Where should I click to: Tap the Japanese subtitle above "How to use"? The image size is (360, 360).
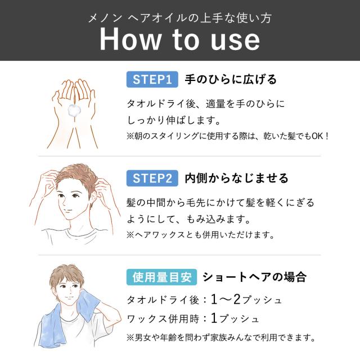point(180,17)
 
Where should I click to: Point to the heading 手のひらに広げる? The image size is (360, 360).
point(231,80)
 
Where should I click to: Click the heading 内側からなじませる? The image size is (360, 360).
point(236,178)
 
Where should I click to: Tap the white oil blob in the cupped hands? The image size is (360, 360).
point(73,110)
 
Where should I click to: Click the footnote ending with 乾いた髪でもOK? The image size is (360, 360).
point(227,136)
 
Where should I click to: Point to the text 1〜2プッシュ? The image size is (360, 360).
point(242,299)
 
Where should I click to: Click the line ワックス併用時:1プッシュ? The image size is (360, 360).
point(194,318)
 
